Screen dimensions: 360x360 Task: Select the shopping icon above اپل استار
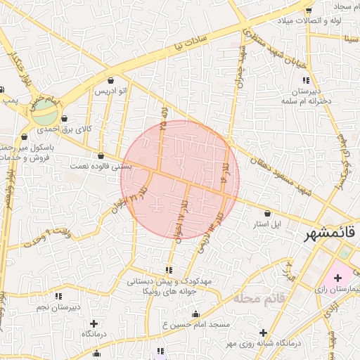267,213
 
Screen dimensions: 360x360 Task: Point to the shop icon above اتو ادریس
112,80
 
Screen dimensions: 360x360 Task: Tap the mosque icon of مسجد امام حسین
195,314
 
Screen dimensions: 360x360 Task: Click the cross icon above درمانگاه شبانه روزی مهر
263,333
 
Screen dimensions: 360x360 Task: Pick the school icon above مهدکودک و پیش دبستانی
168,270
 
